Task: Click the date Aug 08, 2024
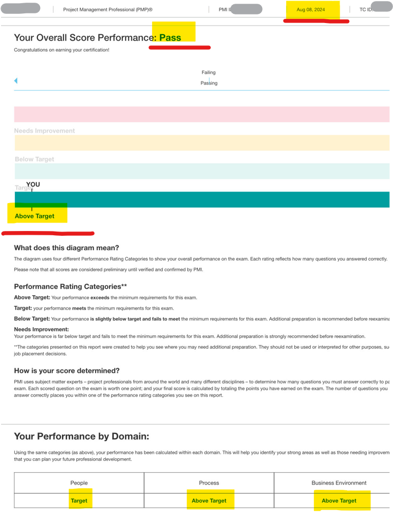tap(311, 10)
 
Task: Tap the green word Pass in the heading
tap(170, 37)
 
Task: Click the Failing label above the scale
tap(209, 73)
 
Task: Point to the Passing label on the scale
tap(209, 83)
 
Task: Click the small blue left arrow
tap(15, 81)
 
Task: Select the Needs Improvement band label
tap(44, 131)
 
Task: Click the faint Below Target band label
tap(34, 159)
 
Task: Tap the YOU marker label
tap(33, 185)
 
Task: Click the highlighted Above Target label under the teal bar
tap(35, 216)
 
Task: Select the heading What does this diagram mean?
tap(66, 248)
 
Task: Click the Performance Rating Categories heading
tap(70, 287)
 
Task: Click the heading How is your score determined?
tap(67, 371)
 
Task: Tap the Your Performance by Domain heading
tap(82, 436)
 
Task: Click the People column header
tap(79, 483)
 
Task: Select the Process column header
tap(209, 483)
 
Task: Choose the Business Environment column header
tap(339, 483)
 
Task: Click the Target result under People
tap(79, 501)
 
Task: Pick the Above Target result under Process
tap(209, 501)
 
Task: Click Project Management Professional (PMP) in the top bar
tap(108, 10)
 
